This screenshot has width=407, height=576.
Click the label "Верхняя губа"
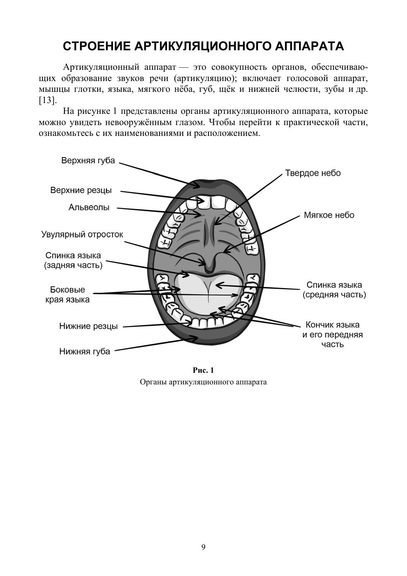point(88,160)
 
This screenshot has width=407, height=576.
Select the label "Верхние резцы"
point(81,190)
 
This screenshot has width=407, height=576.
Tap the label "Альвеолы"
point(89,207)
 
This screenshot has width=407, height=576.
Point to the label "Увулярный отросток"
point(82,234)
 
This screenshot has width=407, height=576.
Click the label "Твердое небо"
point(313,173)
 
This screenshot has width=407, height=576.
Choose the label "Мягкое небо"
point(329,215)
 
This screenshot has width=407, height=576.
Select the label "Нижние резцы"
point(88,326)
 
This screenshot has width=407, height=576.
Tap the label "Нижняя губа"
point(85,352)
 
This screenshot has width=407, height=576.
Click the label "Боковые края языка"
point(67,294)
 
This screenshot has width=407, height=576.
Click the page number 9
point(203,547)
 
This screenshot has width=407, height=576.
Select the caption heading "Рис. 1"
point(203,370)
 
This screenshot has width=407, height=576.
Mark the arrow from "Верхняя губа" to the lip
point(158,174)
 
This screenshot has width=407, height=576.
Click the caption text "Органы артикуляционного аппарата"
point(203,382)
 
